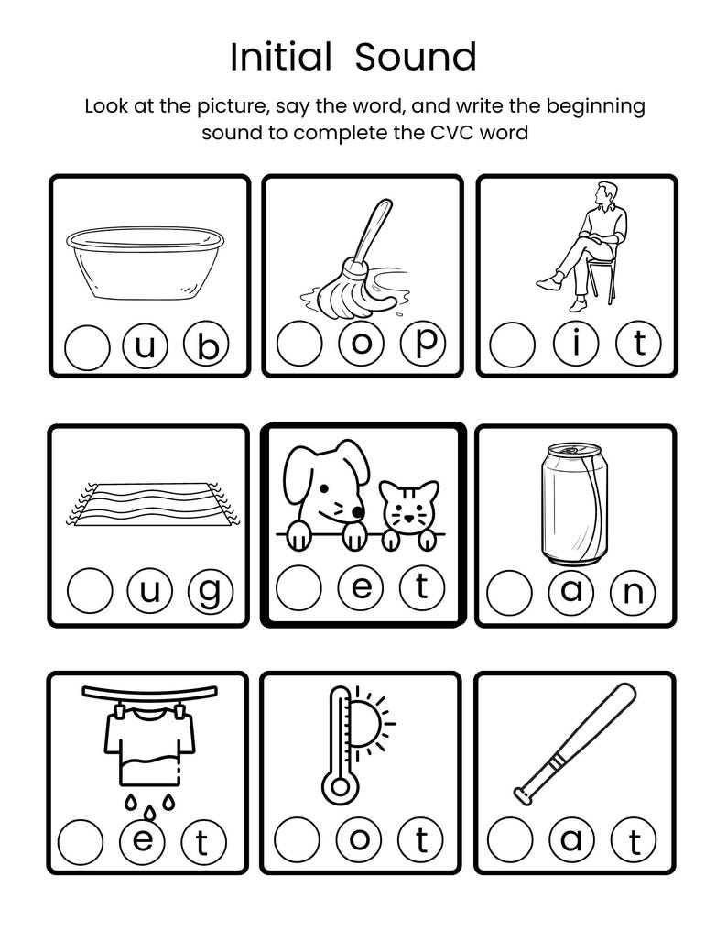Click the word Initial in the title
pos(280,57)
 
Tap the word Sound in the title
pos(416,57)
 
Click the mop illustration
pos(352,266)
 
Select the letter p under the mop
pos(423,344)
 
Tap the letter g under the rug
pos(209,593)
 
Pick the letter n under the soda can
pos(634,593)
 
